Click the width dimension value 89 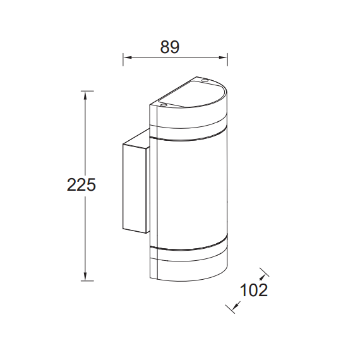[171, 47]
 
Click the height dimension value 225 [81, 185]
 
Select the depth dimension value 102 [254, 291]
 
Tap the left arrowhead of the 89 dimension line [126, 59]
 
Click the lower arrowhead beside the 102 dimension [236, 306]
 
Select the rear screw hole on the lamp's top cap [204, 80]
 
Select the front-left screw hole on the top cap [162, 105]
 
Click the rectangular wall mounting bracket [134, 186]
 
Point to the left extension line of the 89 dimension [122, 60]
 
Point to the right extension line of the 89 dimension [227, 60]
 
